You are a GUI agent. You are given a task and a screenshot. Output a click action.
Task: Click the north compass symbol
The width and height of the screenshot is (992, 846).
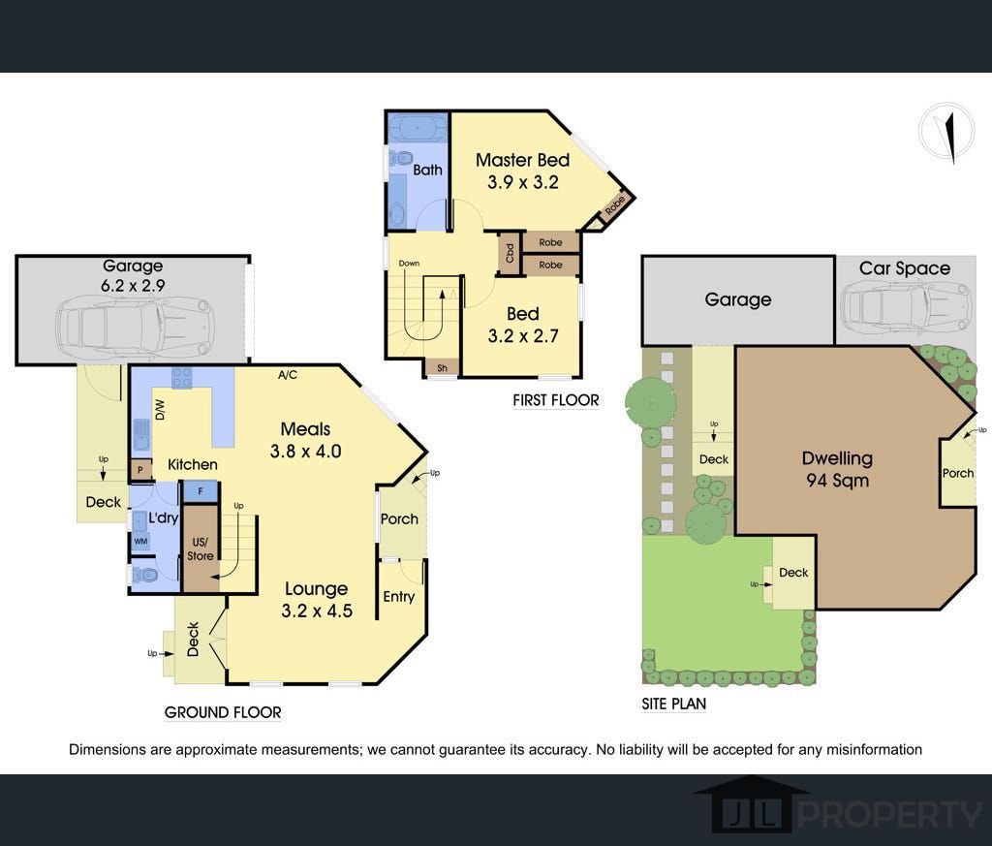[x=946, y=134]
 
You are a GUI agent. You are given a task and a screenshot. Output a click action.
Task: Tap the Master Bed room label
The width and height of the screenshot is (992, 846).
[x=522, y=160]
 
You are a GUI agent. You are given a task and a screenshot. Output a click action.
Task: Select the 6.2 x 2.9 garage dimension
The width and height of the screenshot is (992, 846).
[x=133, y=285]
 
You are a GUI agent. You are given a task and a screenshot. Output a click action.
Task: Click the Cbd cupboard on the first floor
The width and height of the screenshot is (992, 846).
[x=510, y=253]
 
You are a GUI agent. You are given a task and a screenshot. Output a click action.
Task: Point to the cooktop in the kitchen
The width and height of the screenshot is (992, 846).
[x=181, y=378]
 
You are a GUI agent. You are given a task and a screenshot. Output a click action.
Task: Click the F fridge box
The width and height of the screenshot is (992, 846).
[x=201, y=491]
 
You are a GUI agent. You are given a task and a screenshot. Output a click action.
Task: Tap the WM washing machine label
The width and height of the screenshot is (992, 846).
[x=140, y=541]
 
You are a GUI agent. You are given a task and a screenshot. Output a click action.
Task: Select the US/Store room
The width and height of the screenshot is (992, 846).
[x=201, y=548]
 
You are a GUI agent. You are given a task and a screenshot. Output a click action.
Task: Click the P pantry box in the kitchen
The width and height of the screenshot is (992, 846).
[x=140, y=470]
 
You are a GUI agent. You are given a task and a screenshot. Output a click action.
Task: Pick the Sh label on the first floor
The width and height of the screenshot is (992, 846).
[x=442, y=367]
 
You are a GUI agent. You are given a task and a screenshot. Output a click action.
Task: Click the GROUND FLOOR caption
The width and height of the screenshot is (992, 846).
[x=223, y=712]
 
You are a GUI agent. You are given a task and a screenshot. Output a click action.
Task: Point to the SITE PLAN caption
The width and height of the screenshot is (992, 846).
[x=674, y=704]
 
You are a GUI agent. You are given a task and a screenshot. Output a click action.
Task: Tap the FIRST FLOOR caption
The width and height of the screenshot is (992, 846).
[x=555, y=400]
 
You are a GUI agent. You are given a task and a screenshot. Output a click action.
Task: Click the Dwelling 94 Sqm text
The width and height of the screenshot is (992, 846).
[x=837, y=469]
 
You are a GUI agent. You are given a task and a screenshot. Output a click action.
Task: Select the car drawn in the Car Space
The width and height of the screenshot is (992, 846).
[x=906, y=308]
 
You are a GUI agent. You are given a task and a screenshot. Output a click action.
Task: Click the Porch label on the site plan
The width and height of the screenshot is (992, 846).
[x=958, y=473]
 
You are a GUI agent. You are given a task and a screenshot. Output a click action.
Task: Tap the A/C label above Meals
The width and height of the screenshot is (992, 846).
[x=287, y=375]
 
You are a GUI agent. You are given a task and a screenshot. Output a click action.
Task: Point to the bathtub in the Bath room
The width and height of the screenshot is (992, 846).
[x=418, y=130]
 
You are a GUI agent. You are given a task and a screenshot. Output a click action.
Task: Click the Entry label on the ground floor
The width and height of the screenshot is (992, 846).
[x=398, y=597]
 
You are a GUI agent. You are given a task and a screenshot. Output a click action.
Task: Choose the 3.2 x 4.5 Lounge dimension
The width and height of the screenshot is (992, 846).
[x=317, y=611]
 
